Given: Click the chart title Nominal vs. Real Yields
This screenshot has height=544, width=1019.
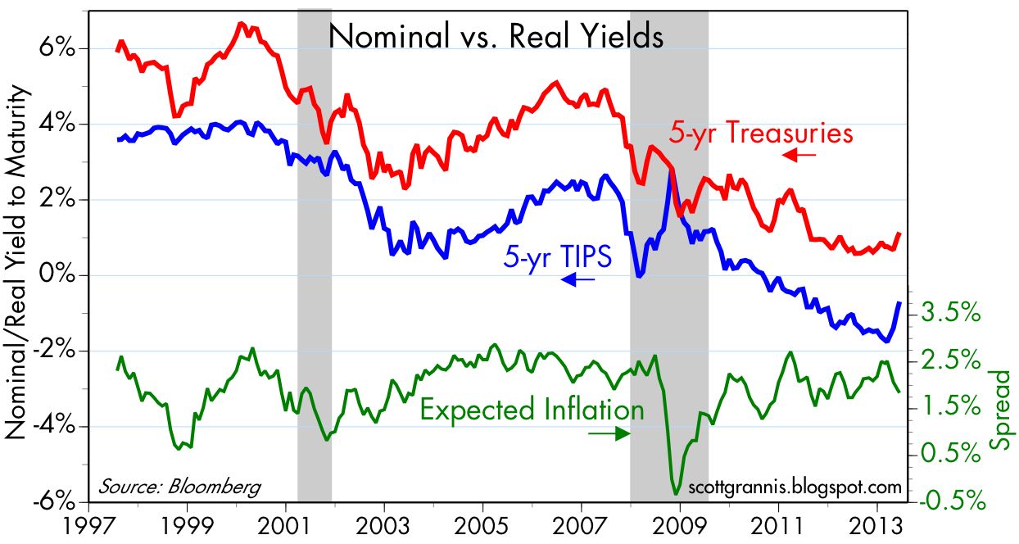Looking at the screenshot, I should coord(496,37).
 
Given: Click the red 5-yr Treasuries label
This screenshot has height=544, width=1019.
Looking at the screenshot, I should coord(761,133).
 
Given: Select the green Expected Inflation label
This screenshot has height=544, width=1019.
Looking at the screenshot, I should coord(532,409).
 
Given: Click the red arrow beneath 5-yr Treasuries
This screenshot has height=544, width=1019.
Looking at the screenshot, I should coord(799,154).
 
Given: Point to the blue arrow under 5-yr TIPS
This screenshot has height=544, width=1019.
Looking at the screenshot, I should coord(578,280).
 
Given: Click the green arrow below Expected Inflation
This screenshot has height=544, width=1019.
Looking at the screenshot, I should coord(609,433).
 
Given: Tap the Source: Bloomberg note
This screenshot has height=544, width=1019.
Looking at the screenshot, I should coord(179,486).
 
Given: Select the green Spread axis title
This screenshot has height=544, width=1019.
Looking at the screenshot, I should coord(1001,410).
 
